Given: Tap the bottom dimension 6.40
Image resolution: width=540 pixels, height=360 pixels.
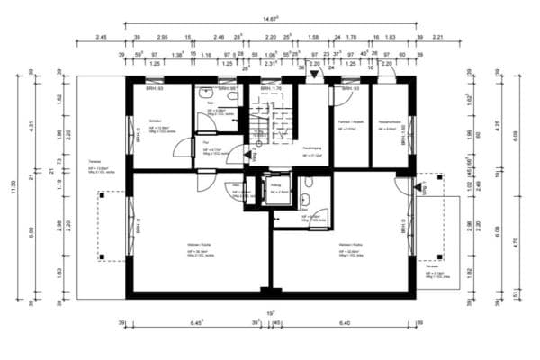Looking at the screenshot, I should [346, 323].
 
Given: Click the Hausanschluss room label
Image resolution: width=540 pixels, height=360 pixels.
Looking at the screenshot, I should [388, 121].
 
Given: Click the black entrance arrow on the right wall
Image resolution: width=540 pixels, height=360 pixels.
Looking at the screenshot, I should [418, 189].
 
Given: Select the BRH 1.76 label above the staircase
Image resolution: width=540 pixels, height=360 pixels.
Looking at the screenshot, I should [271, 89].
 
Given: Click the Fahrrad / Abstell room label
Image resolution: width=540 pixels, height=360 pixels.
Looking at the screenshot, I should [349, 121].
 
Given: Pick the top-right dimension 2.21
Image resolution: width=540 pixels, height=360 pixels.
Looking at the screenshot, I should [438, 38].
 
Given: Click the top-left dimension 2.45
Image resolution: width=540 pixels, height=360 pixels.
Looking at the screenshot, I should [101, 38].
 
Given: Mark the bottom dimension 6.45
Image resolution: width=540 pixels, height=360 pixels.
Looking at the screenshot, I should [197, 323].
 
